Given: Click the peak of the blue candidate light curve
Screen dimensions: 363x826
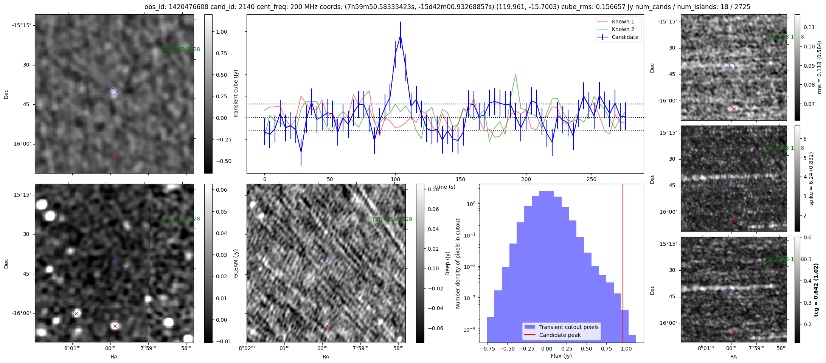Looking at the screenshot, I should [x=400, y=35].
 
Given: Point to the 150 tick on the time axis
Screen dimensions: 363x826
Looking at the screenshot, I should [x=461, y=179].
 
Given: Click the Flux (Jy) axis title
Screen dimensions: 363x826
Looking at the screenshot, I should [x=561, y=356].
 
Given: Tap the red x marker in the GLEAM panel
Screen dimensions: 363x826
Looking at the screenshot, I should [x=115, y=326].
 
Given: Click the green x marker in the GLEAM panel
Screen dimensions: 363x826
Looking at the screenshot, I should [x=76, y=313].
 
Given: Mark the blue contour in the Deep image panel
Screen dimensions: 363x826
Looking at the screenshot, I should [x=324, y=261].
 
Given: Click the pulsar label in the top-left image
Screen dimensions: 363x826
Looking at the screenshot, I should [x=180, y=50].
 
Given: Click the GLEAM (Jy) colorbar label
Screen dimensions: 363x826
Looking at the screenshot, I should [x=236, y=263].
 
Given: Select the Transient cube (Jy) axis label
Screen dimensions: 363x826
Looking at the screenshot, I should [x=236, y=94].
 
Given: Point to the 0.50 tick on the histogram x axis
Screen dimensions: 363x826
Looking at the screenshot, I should [x=586, y=348].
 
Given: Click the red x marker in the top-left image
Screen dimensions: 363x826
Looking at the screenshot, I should [x=115, y=157].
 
